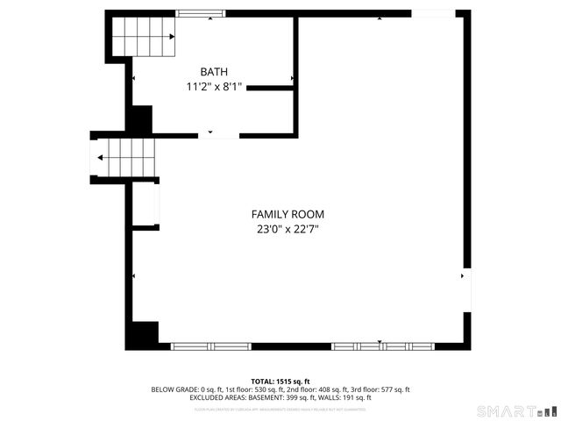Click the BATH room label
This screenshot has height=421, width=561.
click(214, 72)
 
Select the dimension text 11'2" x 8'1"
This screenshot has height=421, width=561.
click(214, 87)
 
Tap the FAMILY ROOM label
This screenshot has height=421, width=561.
click(288, 214)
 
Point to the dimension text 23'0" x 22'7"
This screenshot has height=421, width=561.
click(288, 230)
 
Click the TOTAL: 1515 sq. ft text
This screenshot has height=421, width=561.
click(280, 382)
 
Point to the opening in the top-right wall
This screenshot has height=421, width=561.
click(433, 13)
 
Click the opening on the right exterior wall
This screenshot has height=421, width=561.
click(467, 289)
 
